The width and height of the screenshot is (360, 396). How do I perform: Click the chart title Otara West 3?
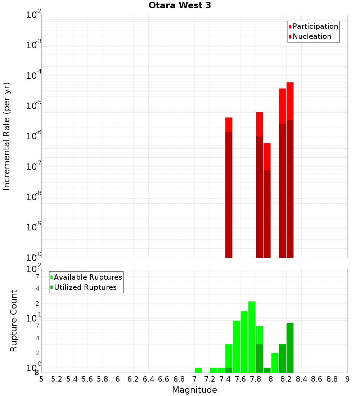180,5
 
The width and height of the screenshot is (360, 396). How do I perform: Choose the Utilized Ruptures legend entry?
85,287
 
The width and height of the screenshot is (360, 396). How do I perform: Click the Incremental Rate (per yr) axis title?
7,136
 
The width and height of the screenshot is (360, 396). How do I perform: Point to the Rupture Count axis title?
14,321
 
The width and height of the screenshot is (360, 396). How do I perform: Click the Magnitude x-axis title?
194,390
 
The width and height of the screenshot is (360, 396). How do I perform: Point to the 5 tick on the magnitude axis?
41,379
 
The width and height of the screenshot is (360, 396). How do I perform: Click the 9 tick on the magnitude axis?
347,379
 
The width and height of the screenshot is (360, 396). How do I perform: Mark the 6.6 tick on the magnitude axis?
164,379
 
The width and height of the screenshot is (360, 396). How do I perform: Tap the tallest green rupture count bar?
252,337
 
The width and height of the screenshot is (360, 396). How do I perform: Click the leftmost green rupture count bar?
198,370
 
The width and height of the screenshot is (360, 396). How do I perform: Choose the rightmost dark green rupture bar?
290,347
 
